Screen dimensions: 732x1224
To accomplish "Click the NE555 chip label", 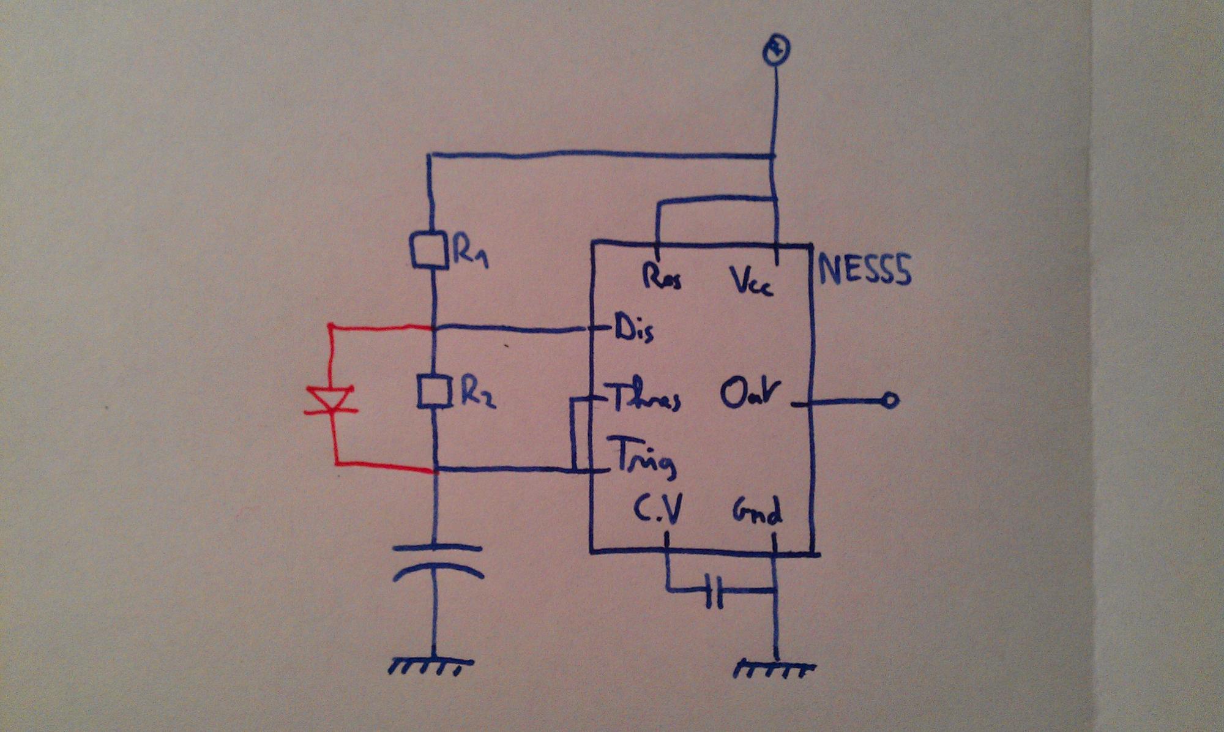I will pyautogui.click(x=864, y=269).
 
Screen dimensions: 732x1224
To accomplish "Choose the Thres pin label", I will pyautogui.click(x=646, y=399).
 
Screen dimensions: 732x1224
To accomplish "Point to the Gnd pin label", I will pyautogui.click(x=757, y=511).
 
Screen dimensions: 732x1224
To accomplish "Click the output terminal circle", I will pyautogui.click(x=890, y=401).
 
